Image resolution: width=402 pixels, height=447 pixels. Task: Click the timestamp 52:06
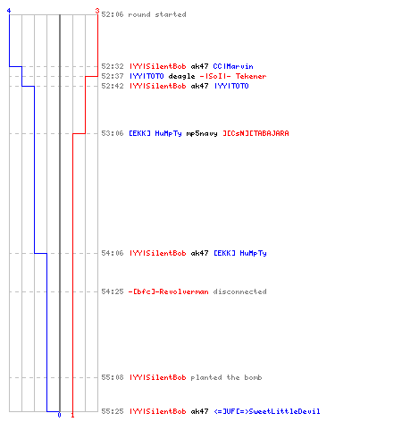(113, 14)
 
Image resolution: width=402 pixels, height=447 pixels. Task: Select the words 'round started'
(157, 14)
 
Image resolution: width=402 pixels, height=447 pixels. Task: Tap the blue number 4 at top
(9, 11)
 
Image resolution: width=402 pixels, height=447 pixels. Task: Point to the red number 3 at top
(97, 11)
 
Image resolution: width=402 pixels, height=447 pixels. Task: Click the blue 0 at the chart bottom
(59, 415)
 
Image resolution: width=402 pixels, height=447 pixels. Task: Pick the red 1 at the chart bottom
(72, 415)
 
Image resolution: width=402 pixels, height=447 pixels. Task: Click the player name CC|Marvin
(233, 66)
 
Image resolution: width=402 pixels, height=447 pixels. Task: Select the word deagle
(181, 76)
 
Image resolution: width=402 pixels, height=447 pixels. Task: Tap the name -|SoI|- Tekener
(233, 76)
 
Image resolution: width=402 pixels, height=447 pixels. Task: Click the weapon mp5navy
(202, 133)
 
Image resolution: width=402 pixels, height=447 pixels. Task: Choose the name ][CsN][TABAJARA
(256, 133)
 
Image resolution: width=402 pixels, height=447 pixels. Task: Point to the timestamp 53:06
(113, 133)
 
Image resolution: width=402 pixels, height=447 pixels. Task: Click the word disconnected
(240, 291)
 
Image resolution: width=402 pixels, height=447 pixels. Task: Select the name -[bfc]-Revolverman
(169, 291)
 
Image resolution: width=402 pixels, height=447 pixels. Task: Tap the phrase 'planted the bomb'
(226, 377)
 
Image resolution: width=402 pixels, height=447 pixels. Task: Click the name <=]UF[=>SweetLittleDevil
(267, 411)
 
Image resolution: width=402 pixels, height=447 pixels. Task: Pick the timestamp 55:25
(113, 411)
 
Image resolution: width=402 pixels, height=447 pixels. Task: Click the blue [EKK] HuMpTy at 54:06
(240, 253)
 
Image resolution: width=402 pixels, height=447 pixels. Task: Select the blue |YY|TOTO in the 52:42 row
(231, 86)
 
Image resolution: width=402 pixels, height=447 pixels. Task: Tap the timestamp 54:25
(113, 291)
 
